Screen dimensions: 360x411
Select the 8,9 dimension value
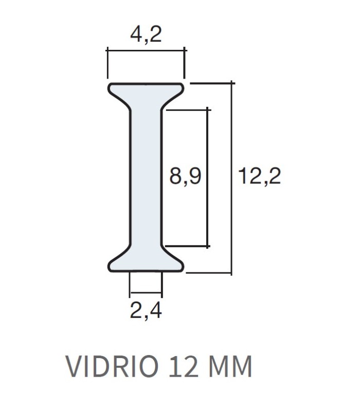coord(185,176)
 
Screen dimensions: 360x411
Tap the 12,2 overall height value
coord(259,176)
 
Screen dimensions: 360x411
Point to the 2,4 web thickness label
coord(146,310)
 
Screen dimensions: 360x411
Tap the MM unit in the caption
coord(230,366)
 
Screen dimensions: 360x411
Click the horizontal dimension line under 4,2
coord(146,50)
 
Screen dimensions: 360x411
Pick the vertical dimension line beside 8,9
coord(208,178)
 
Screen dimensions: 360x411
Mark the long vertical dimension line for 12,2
coord(231,178)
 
